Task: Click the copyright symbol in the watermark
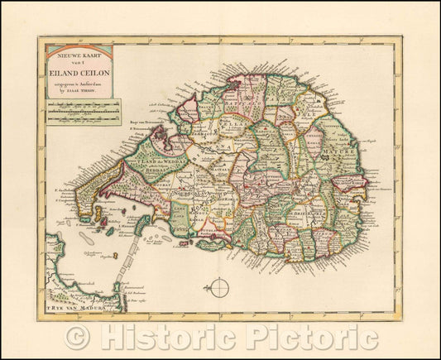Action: tap(78, 338)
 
